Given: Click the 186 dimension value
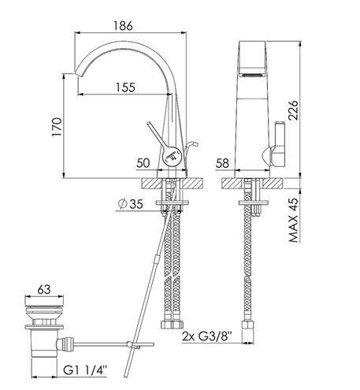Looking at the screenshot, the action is (x=123, y=25).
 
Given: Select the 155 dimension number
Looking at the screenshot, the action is (x=126, y=87).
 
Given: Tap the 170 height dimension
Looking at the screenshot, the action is (x=57, y=127).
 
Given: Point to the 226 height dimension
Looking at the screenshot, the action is (x=293, y=110).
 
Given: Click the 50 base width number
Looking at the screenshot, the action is (x=143, y=163).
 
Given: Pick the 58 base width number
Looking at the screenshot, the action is (x=222, y=163).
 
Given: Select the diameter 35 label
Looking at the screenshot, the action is (x=131, y=204).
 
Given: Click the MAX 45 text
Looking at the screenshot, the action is (x=294, y=220).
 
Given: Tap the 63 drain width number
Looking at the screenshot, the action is (x=44, y=289).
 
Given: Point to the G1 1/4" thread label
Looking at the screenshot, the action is (x=85, y=370).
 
